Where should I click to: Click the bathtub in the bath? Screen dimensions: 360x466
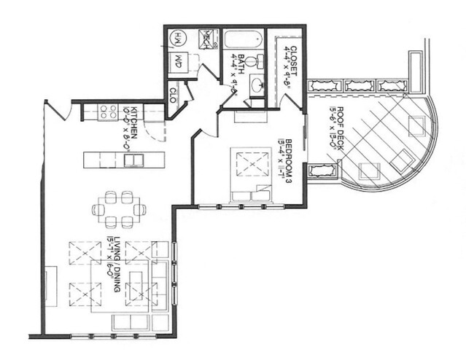pos(243,39)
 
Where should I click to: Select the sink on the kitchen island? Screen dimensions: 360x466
pos(133,160)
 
